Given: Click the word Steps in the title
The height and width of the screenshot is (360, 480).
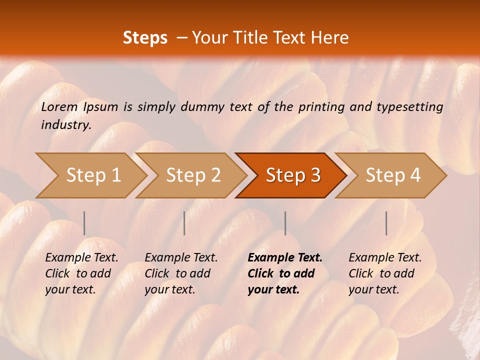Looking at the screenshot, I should pyautogui.click(x=145, y=38).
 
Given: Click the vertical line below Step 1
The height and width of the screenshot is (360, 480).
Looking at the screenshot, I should pyautogui.click(x=84, y=223).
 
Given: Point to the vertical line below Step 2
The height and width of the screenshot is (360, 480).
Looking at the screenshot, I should pyautogui.click(x=184, y=223).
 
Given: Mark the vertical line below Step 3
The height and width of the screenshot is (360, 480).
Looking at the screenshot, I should pyautogui.click(x=285, y=223).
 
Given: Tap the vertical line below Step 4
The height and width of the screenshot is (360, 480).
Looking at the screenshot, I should pyautogui.click(x=386, y=223).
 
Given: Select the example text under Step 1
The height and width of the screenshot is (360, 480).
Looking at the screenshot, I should pyautogui.click(x=81, y=273).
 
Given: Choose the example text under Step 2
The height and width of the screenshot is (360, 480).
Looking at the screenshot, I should pyautogui.click(x=181, y=273).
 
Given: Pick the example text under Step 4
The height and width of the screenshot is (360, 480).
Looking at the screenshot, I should pyautogui.click(x=385, y=273).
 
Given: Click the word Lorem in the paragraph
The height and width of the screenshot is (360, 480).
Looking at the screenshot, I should pyautogui.click(x=59, y=107).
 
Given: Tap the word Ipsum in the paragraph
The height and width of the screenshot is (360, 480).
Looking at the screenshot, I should pyautogui.click(x=101, y=107).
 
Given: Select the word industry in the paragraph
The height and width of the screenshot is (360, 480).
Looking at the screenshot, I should pyautogui.click(x=66, y=125).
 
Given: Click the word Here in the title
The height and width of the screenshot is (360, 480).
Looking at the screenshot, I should pyautogui.click(x=330, y=38).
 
